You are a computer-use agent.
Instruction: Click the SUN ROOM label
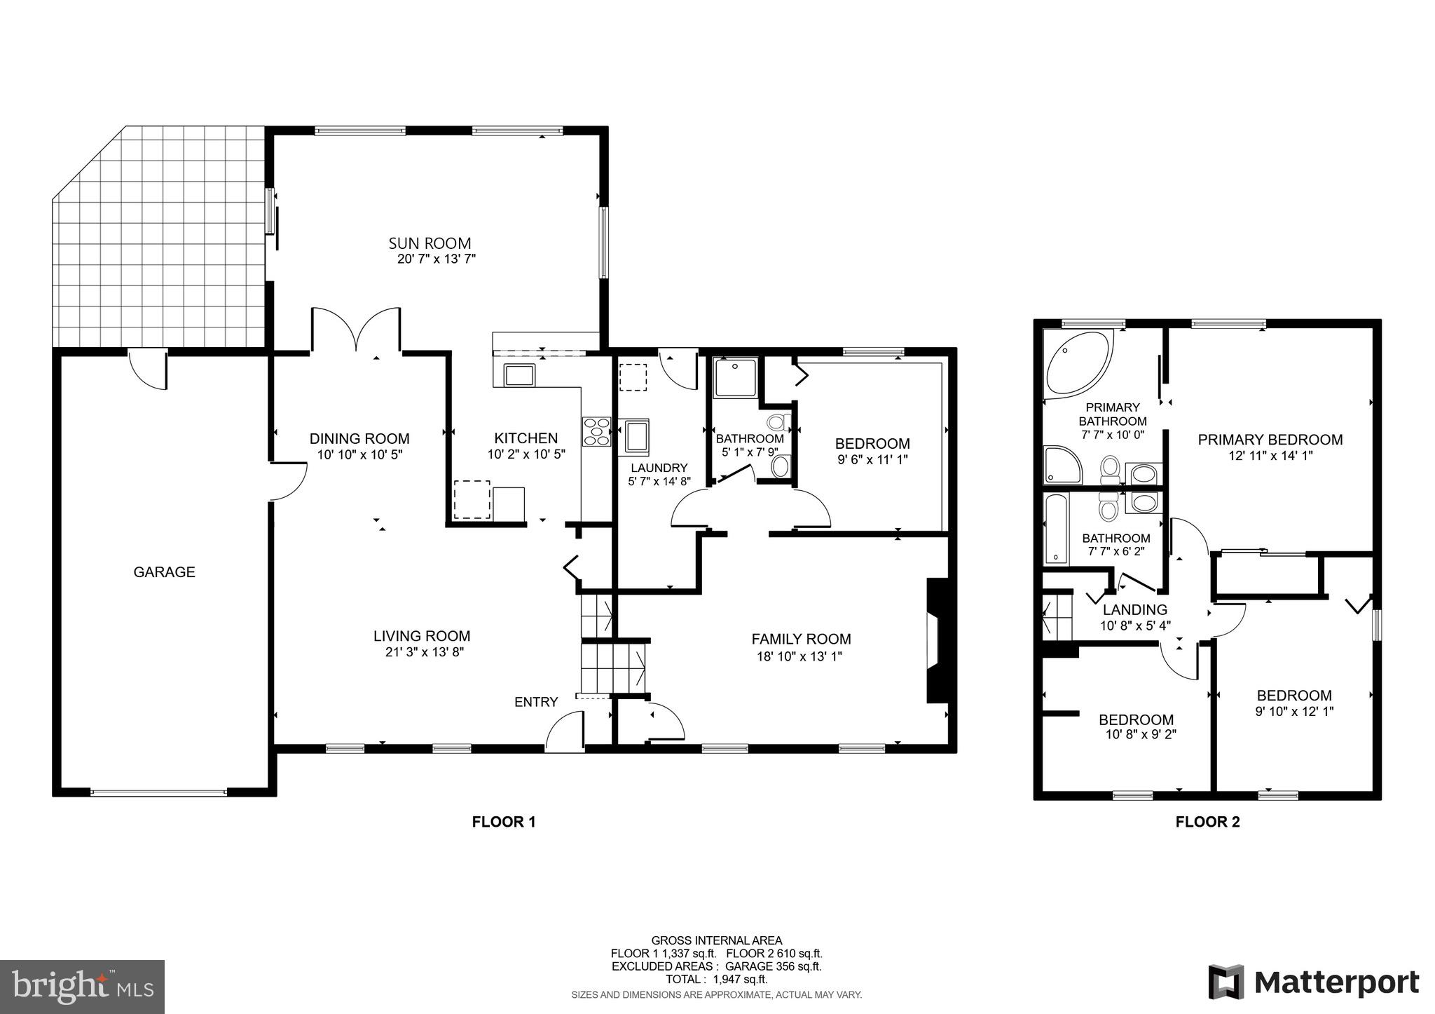pyautogui.click(x=430, y=243)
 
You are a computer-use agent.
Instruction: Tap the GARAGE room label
pyautogui.click(x=164, y=572)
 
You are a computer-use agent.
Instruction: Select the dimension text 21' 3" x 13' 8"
pyautogui.click(x=420, y=652)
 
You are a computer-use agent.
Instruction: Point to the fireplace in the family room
pyautogui.click(x=937, y=640)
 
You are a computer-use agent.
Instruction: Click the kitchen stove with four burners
pyautogui.click(x=596, y=431)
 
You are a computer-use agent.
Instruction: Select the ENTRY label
pyautogui.click(x=536, y=702)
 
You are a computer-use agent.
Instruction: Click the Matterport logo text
pyautogui.click(x=1336, y=982)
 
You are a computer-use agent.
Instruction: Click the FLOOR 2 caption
pyautogui.click(x=1207, y=822)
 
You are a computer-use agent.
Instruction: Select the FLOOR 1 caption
pyautogui.click(x=504, y=822)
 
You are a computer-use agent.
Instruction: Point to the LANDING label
pyautogui.click(x=1135, y=610)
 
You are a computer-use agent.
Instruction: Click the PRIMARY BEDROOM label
pyautogui.click(x=1270, y=440)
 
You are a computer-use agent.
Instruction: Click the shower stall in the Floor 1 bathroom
pyautogui.click(x=735, y=379)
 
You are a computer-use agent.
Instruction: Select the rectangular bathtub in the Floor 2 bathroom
pyautogui.click(x=1053, y=529)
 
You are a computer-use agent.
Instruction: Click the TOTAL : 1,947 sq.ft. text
pyautogui.click(x=716, y=979)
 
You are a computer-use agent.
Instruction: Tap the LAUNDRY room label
pyautogui.click(x=659, y=468)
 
